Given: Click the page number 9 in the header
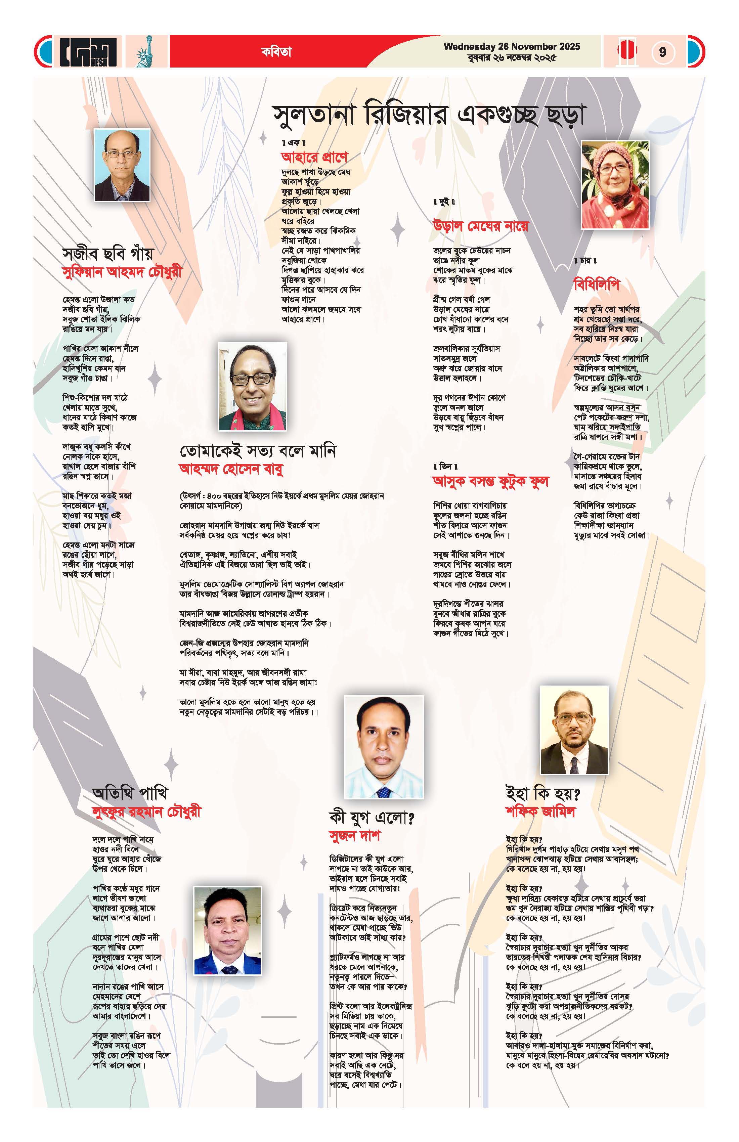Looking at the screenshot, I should [x=662, y=51].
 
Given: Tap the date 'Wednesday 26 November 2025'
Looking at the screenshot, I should [x=512, y=47].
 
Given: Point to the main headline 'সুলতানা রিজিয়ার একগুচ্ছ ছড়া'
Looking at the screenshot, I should [x=430, y=116].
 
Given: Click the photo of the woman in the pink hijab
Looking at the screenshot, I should [x=615, y=185].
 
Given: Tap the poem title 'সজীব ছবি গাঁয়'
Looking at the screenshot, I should [x=108, y=253].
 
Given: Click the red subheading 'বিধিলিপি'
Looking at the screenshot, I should [x=597, y=284].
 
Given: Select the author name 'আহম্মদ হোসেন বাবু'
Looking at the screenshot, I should [x=231, y=469].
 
